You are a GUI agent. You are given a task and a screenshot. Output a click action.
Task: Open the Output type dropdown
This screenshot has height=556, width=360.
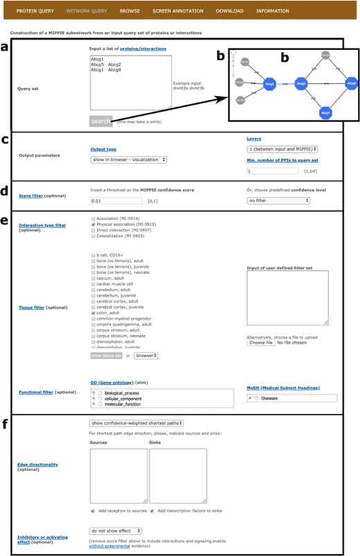click(129, 159)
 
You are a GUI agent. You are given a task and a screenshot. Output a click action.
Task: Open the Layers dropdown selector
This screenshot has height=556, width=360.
click(282, 149)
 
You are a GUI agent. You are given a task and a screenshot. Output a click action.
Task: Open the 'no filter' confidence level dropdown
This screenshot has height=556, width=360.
click(278, 200)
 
